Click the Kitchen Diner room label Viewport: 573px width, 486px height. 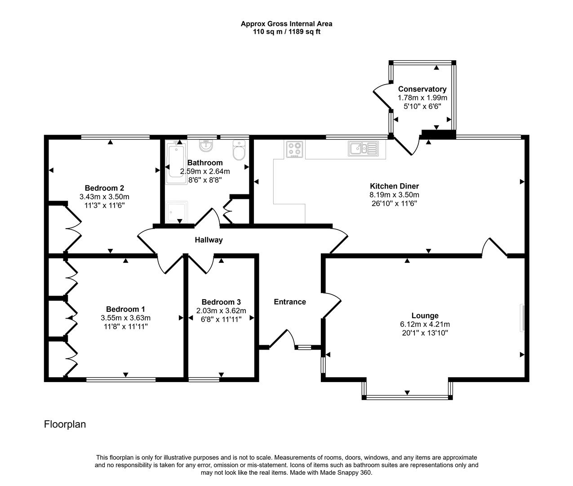(x=394, y=186)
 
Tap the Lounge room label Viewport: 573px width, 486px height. (x=425, y=315)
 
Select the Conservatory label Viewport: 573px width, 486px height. (x=422, y=89)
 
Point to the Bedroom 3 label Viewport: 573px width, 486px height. (x=221, y=302)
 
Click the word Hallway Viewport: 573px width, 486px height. (x=209, y=240)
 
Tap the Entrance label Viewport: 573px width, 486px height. (x=290, y=301)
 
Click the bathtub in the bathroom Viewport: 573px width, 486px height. (x=175, y=162)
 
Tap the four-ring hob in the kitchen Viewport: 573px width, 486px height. (x=295, y=149)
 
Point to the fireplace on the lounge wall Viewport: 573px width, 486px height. (x=522, y=318)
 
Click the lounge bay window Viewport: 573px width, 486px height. (x=407, y=396)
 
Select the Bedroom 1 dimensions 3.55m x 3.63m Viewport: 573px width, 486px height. (x=125, y=318)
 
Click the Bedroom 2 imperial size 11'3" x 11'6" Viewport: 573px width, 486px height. (x=104, y=205)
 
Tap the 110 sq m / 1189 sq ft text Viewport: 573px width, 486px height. (x=287, y=32)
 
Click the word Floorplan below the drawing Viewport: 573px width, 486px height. (x=65, y=424)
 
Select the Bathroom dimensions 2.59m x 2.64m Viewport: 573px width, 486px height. (x=205, y=171)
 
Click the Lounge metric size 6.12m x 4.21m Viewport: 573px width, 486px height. (x=425, y=324)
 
